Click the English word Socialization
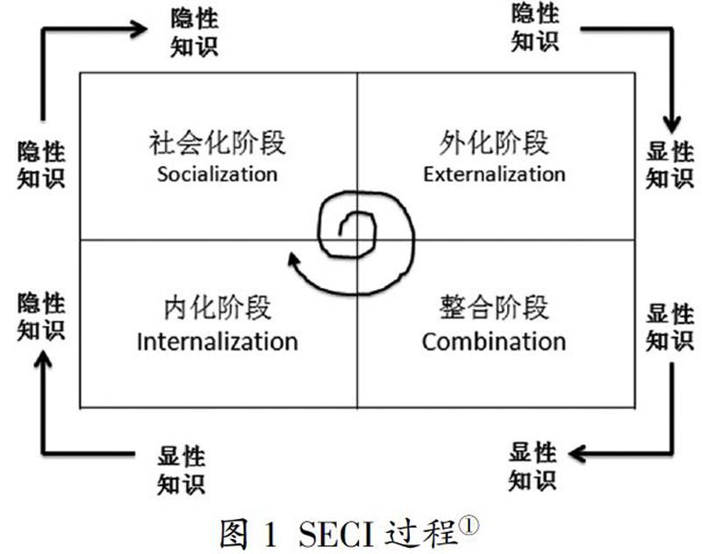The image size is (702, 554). (x=217, y=173)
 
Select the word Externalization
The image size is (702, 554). (x=494, y=174)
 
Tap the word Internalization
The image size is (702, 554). (x=217, y=341)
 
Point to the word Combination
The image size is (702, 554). (x=493, y=341)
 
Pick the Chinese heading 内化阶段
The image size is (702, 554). (x=218, y=308)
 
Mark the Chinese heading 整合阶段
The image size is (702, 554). (x=494, y=308)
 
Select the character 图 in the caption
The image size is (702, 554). (x=233, y=533)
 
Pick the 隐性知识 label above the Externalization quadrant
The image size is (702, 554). (x=534, y=27)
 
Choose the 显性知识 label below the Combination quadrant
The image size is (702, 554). (x=533, y=466)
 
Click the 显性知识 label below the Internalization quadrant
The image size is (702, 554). (x=182, y=470)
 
